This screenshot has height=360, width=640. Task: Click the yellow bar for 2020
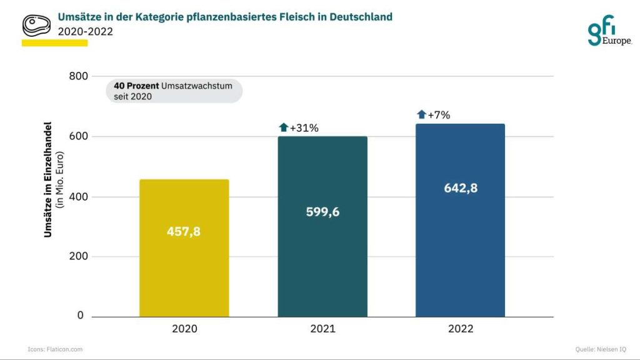184,262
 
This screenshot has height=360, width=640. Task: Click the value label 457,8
184,231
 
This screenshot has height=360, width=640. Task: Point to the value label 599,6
322,212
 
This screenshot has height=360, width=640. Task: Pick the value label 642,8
461,187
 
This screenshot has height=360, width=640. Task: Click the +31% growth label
304,128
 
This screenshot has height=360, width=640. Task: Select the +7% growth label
439,114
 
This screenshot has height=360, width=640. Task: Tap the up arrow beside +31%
284,127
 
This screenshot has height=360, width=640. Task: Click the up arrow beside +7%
422,114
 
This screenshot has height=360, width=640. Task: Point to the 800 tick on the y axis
76,76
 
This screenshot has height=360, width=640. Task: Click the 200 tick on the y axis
76,256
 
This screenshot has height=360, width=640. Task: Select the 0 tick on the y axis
80,316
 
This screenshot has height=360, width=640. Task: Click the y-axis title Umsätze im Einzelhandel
48,180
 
